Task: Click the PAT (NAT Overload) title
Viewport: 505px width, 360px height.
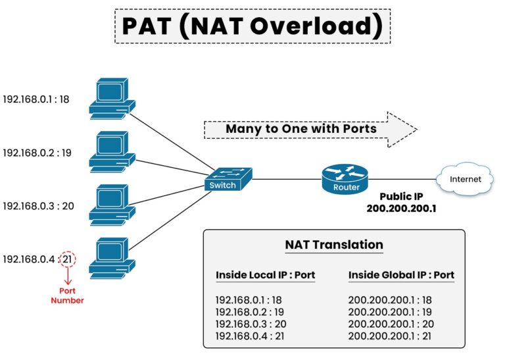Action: click(x=252, y=26)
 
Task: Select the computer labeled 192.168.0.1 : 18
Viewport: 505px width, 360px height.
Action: click(x=112, y=99)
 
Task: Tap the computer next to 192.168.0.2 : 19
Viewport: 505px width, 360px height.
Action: click(x=112, y=151)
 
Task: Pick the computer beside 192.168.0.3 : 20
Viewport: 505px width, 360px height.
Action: click(x=112, y=205)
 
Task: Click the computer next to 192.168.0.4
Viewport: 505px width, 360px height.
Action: click(x=112, y=257)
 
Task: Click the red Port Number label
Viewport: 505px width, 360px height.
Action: click(x=68, y=296)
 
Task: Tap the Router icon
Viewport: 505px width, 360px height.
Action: click(x=345, y=178)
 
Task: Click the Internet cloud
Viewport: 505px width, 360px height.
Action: click(x=465, y=179)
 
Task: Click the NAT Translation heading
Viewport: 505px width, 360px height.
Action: click(x=333, y=245)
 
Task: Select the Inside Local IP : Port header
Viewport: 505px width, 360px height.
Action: click(x=265, y=275)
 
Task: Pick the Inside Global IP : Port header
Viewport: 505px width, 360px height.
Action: click(x=401, y=275)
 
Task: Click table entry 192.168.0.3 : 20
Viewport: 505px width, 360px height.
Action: click(x=251, y=324)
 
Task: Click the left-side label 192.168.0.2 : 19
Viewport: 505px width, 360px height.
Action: click(x=37, y=153)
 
